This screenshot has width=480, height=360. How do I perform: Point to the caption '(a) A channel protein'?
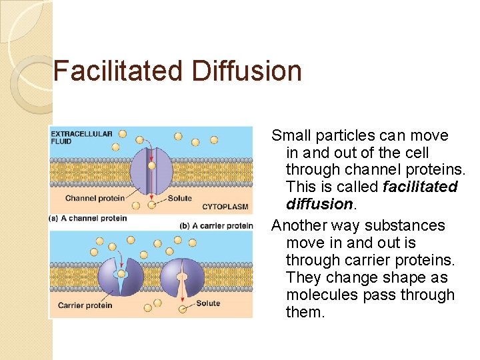tap(88, 219)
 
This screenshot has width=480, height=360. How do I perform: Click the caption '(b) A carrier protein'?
tap(217, 226)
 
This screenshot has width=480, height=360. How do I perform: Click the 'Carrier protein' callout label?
tap(85, 305)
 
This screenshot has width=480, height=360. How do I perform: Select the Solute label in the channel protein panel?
tap(180, 199)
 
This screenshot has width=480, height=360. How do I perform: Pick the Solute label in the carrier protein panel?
tap(208, 304)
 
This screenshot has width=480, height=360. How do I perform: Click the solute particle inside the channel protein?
tap(152, 165)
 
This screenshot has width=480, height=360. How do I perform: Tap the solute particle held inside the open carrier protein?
tap(121, 273)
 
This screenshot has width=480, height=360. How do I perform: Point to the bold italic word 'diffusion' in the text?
tap(317, 204)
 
